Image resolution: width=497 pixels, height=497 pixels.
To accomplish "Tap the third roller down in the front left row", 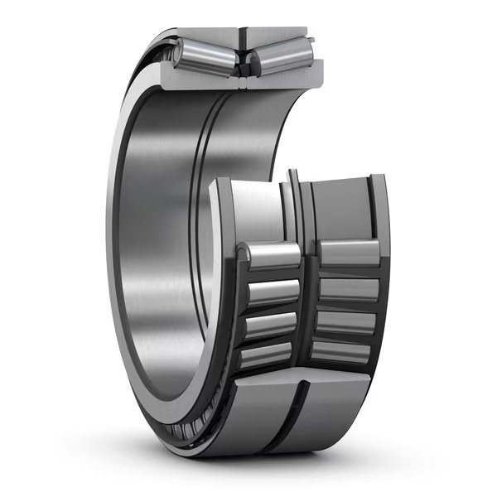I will (270, 324).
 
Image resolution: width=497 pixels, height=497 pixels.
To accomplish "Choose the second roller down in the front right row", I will (349, 288).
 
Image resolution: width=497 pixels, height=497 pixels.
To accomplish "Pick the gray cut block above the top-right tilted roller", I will (277, 36).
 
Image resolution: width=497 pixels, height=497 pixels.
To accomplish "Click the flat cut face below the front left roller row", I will (257, 410).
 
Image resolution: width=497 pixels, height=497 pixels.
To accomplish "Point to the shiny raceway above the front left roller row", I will (253, 207).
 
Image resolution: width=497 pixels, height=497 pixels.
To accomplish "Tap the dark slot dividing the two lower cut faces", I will (297, 410).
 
